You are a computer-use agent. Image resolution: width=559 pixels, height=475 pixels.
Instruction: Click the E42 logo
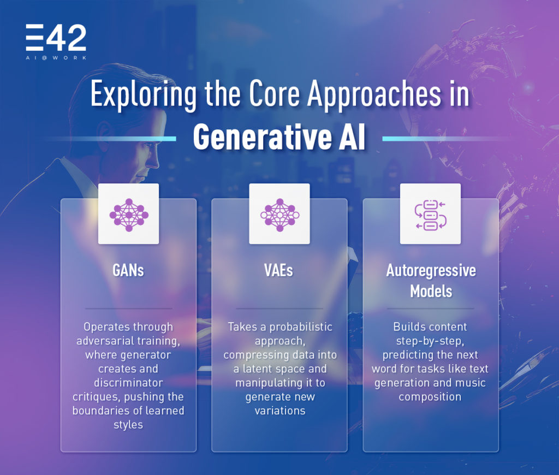(56, 39)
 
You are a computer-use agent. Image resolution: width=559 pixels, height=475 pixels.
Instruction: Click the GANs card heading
(128, 270)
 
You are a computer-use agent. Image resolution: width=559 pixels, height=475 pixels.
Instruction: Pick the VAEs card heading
(279, 270)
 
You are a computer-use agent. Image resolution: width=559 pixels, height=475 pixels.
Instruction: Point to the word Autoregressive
(431, 271)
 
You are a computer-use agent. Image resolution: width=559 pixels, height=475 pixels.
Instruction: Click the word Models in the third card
(431, 291)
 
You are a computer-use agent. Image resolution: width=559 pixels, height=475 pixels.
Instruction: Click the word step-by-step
(431, 341)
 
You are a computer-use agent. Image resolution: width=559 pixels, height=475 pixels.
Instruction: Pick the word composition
(431, 396)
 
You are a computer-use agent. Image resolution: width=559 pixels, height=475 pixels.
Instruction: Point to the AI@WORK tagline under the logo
(56, 57)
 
